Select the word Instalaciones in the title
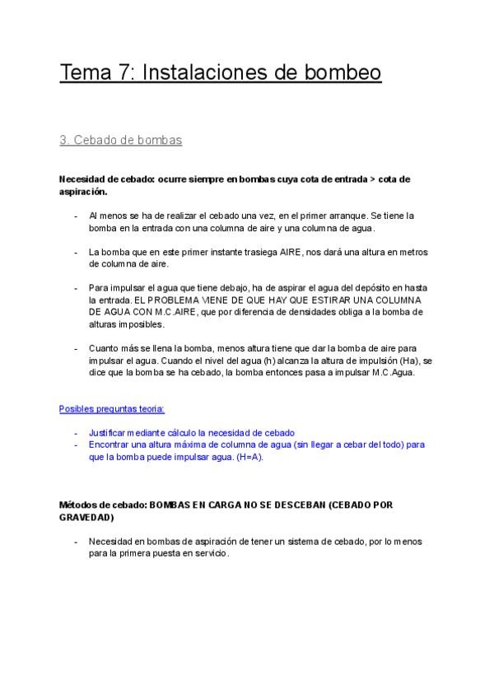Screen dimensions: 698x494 [207, 72]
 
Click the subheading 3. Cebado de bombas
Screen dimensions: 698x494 [120, 141]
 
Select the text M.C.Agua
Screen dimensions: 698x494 [394, 373]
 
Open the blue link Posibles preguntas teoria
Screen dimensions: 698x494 [112, 408]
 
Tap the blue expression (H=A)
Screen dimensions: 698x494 [247, 457]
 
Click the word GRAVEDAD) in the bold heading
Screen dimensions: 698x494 [87, 519]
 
